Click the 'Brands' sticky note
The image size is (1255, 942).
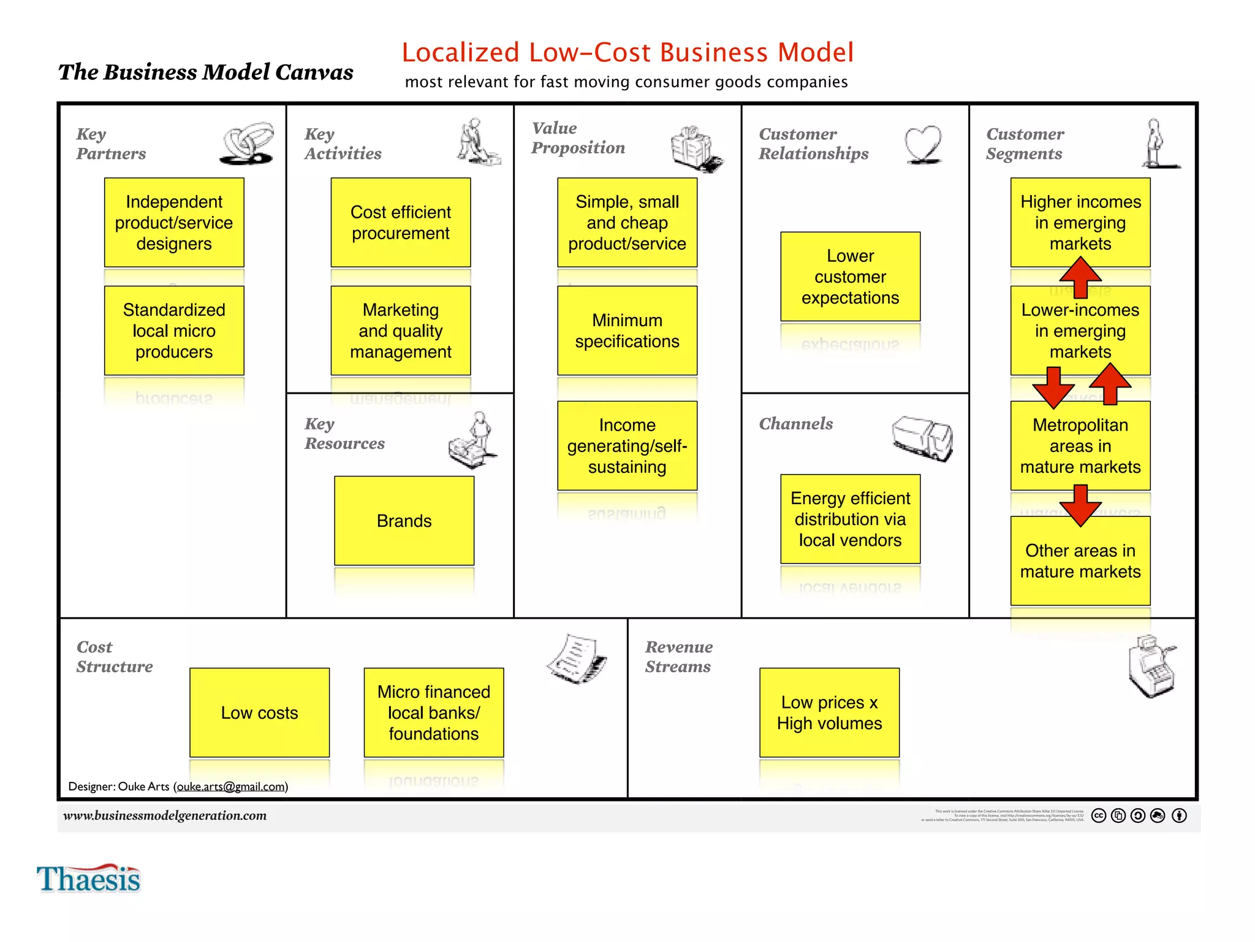point(404,521)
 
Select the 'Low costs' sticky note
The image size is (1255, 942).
point(259,713)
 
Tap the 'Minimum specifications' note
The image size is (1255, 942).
point(627,331)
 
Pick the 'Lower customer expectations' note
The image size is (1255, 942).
point(850,277)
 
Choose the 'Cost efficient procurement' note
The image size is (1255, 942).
point(400,223)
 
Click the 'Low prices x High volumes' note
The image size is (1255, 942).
point(829,713)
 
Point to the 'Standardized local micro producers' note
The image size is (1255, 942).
point(174,331)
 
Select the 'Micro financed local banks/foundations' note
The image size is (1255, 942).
point(433,713)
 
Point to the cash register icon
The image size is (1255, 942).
point(1151,666)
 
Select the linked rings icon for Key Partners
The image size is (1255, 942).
point(247,144)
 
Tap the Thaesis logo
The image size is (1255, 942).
point(89,879)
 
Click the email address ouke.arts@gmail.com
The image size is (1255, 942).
point(231,787)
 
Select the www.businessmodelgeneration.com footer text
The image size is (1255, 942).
point(165,816)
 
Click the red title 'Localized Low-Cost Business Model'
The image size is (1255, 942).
point(627,53)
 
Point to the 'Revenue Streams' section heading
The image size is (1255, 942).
point(678,657)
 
